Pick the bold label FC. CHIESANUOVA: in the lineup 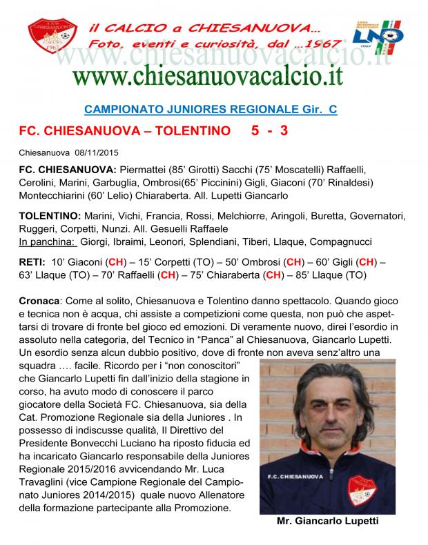coord(65,169)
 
